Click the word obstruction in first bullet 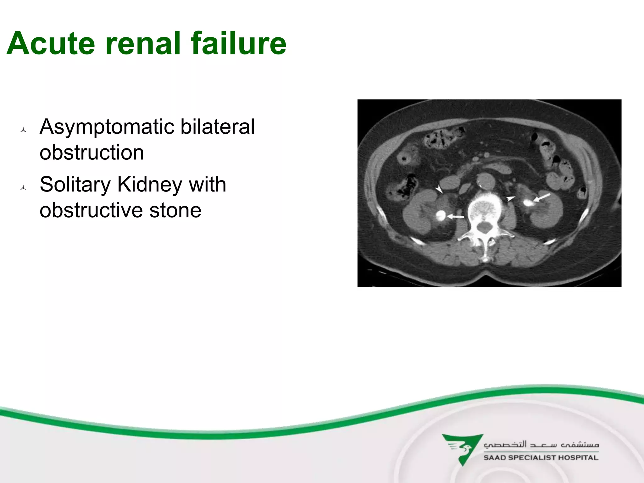[x=92, y=153]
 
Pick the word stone [x=175, y=210]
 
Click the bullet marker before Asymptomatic [x=23, y=130]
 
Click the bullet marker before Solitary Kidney [x=23, y=188]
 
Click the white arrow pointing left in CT [x=455, y=216]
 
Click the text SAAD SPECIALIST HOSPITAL [x=541, y=458]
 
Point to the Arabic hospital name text [x=541, y=444]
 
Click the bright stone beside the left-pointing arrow [x=441, y=215]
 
